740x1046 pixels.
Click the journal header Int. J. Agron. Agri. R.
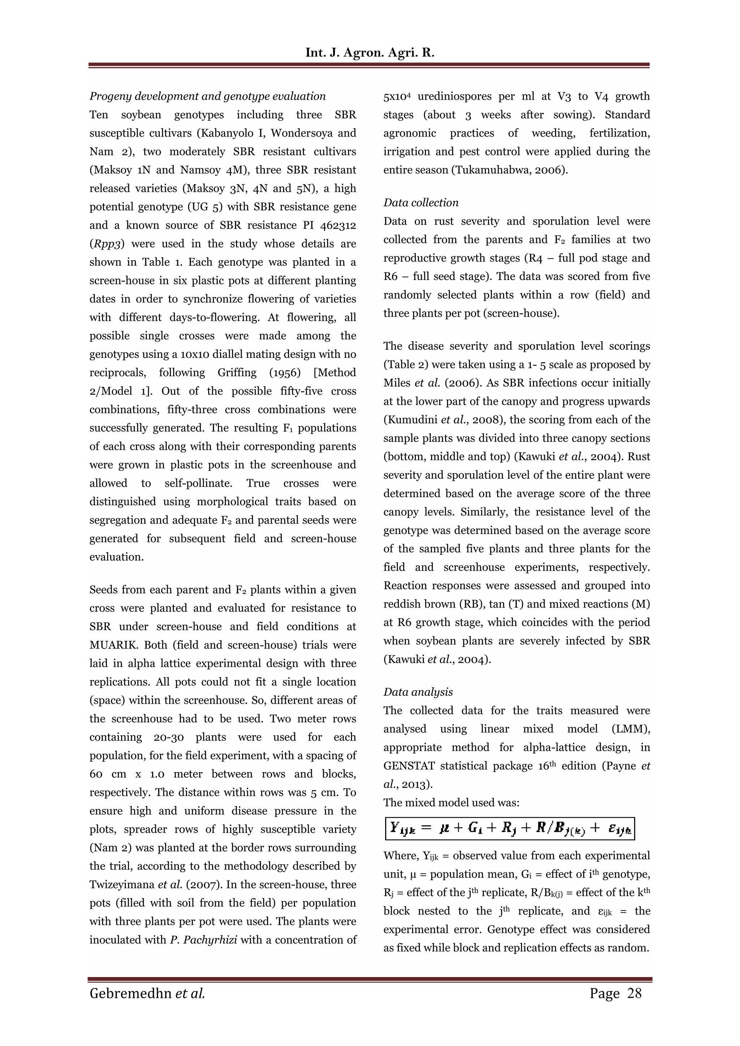(370, 53)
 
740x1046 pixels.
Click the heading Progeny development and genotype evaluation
(207, 96)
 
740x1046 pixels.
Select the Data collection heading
(421, 203)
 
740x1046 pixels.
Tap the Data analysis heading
(418, 692)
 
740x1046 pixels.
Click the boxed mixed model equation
(509, 829)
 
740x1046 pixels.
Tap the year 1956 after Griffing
(285, 373)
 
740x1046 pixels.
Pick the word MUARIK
(114, 645)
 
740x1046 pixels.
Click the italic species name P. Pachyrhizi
(203, 940)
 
